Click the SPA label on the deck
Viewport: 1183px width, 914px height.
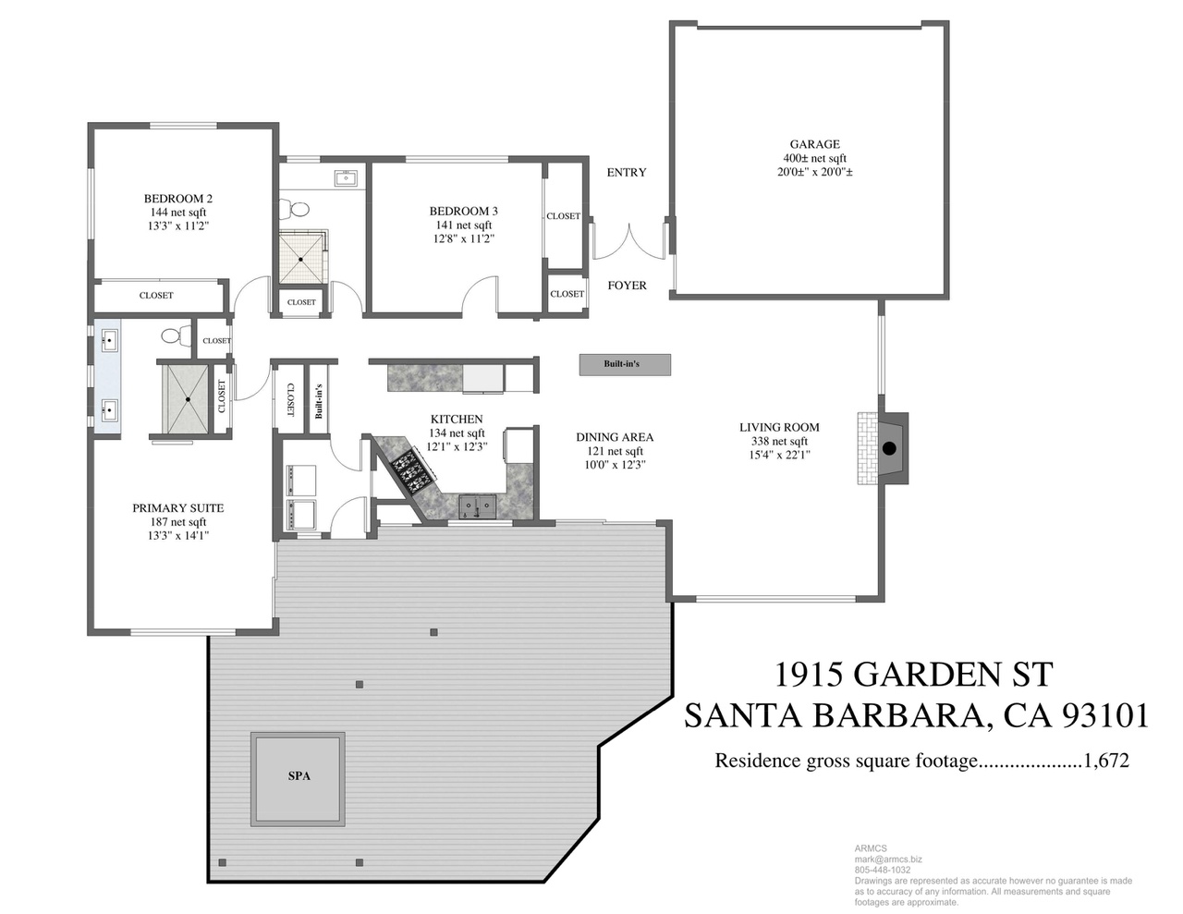click(x=299, y=775)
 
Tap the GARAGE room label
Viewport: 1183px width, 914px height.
click(x=814, y=144)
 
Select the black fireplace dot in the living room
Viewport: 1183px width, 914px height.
click(x=889, y=448)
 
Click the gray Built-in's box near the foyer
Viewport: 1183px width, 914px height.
click(x=625, y=364)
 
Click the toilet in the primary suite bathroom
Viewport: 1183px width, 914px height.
click(x=175, y=335)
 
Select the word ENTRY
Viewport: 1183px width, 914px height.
click(x=627, y=173)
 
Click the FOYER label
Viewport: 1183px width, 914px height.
click(x=628, y=286)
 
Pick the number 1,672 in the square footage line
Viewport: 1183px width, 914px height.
click(x=1106, y=760)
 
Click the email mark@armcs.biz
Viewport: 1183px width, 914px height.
click(x=888, y=859)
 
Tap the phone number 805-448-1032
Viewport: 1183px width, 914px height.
click(x=882, y=870)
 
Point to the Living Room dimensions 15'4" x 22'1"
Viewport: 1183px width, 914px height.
click(x=780, y=455)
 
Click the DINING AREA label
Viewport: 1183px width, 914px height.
click(x=615, y=437)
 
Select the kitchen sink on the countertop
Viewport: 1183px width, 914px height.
click(x=478, y=506)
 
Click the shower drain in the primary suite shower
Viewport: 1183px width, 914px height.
click(x=188, y=399)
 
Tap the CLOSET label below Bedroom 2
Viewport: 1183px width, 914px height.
click(x=156, y=296)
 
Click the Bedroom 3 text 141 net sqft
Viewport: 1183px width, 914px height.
click(x=464, y=225)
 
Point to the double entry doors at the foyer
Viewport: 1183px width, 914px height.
click(x=628, y=241)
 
